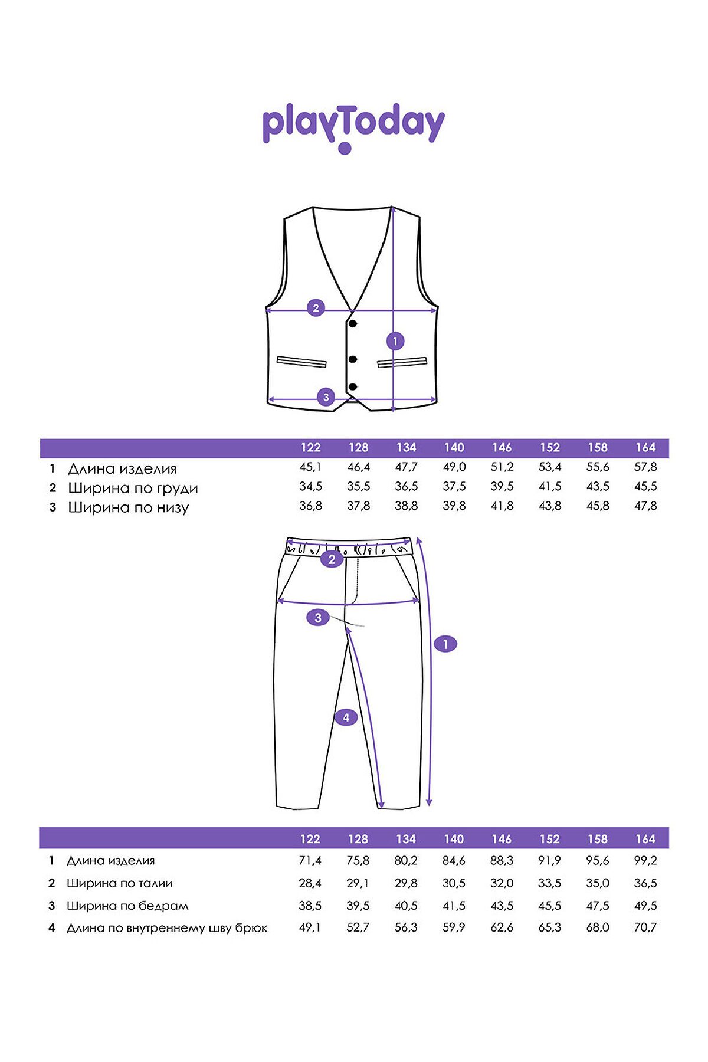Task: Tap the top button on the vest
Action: pos(353,323)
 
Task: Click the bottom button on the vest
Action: pos(353,387)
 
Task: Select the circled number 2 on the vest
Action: pos(316,307)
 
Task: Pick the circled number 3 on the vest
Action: pos(326,397)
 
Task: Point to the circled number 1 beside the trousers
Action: pos(445,644)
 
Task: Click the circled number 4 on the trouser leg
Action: pos(346,717)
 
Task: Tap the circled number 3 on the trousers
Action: pos(318,618)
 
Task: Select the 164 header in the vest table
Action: pos(645,448)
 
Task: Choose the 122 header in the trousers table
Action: pos(310,839)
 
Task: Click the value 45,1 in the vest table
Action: pos(310,467)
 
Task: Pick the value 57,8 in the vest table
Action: pos(645,467)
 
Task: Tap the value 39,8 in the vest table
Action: pos(454,506)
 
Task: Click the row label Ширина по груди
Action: pos(133,489)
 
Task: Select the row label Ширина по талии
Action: pos(119,883)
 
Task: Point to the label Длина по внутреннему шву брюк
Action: pos(167,928)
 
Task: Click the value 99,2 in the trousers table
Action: pos(645,861)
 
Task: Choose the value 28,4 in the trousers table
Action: pos(310,883)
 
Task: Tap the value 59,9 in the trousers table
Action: pos(454,928)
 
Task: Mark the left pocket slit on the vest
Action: pos(301,362)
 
